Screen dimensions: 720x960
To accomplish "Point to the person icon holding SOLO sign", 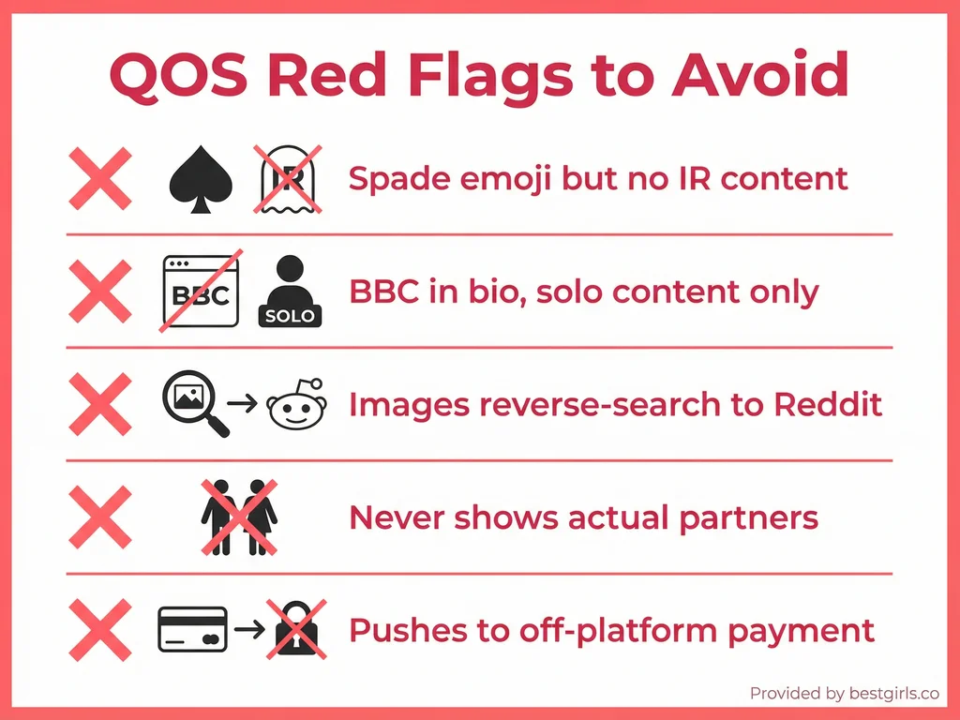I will (290, 292).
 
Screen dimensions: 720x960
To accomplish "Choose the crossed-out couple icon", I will (239, 517).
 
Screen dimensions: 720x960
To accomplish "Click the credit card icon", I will (192, 629).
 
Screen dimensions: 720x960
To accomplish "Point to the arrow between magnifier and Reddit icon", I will (243, 404).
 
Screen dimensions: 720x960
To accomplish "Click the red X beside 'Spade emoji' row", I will (100, 178).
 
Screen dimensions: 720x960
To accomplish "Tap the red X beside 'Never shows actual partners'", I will (100, 517).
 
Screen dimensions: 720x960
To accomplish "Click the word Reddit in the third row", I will (828, 404).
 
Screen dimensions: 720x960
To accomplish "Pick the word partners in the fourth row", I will (757, 517).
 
